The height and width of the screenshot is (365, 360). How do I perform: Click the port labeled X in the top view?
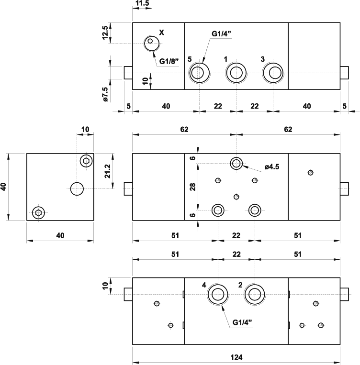tap(151, 44)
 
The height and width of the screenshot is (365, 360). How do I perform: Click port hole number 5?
tap(199, 73)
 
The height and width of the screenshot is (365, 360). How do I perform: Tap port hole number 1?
tap(236, 73)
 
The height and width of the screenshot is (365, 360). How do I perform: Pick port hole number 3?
tap(273, 73)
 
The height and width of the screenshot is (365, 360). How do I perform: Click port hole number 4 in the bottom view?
tap(218, 294)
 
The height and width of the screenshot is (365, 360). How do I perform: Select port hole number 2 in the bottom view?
tap(254, 294)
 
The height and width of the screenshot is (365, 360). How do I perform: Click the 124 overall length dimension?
tap(236, 357)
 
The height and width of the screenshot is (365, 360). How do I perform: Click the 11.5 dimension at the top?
tap(142, 4)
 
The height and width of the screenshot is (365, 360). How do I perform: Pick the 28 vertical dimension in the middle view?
tap(192, 187)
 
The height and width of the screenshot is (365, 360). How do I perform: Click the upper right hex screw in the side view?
tap(86, 161)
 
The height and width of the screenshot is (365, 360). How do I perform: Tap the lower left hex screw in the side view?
tap(38, 212)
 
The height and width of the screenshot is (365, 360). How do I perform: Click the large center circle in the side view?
tap(77, 189)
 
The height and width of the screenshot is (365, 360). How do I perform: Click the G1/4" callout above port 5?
tap(222, 34)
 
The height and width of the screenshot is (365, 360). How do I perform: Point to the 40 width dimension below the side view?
tap(60, 235)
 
